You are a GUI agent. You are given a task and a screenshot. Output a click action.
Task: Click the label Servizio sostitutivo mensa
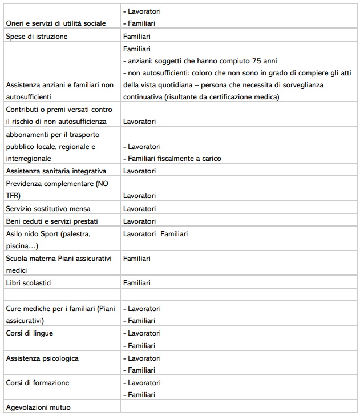[48, 208]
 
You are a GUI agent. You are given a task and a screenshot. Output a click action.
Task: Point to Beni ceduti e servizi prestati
[55, 221]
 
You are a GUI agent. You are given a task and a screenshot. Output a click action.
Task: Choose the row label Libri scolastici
[33, 282]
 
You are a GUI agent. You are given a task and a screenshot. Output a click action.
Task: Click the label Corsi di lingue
[29, 333]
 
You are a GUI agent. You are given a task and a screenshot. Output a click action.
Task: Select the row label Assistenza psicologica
[42, 358]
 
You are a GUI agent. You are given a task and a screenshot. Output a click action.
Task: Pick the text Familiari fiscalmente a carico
[174, 158]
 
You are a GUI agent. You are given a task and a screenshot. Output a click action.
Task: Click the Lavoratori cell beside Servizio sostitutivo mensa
[139, 208]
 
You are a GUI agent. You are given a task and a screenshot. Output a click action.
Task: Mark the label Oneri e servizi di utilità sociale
[56, 23]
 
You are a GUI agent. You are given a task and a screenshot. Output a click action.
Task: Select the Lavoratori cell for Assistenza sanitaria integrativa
[139, 171]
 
